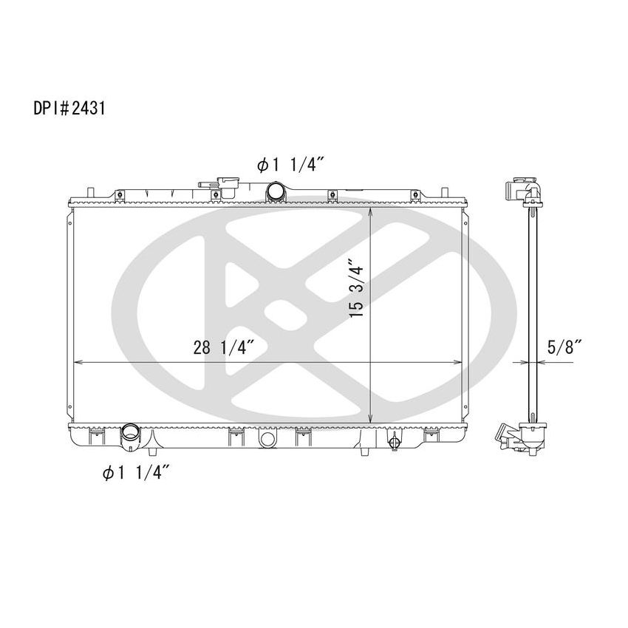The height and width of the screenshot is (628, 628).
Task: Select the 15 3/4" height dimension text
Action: (357, 288)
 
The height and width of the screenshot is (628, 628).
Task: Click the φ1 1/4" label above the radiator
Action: (287, 165)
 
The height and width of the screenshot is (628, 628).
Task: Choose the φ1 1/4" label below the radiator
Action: (137, 473)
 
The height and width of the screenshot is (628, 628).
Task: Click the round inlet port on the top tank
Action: (276, 191)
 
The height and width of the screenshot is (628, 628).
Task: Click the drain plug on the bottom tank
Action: (394, 443)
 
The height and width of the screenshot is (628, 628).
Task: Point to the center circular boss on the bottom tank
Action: (267, 440)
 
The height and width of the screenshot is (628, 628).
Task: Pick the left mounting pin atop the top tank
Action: (89, 191)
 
